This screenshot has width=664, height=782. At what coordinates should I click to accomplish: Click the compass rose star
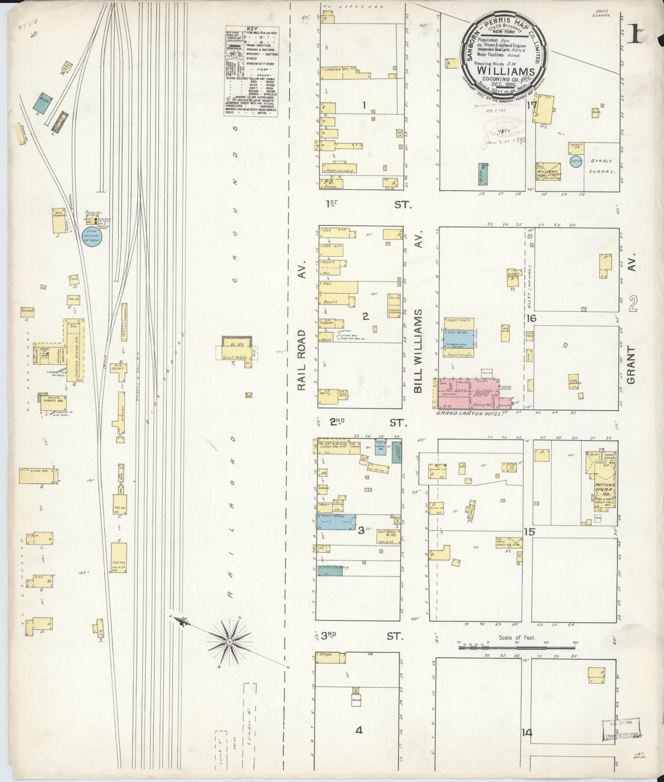[228, 641]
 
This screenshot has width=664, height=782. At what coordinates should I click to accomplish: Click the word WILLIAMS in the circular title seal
[505, 72]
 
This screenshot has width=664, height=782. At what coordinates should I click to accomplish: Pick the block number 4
[359, 730]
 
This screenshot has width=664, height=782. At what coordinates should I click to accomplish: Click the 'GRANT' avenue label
[631, 365]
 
